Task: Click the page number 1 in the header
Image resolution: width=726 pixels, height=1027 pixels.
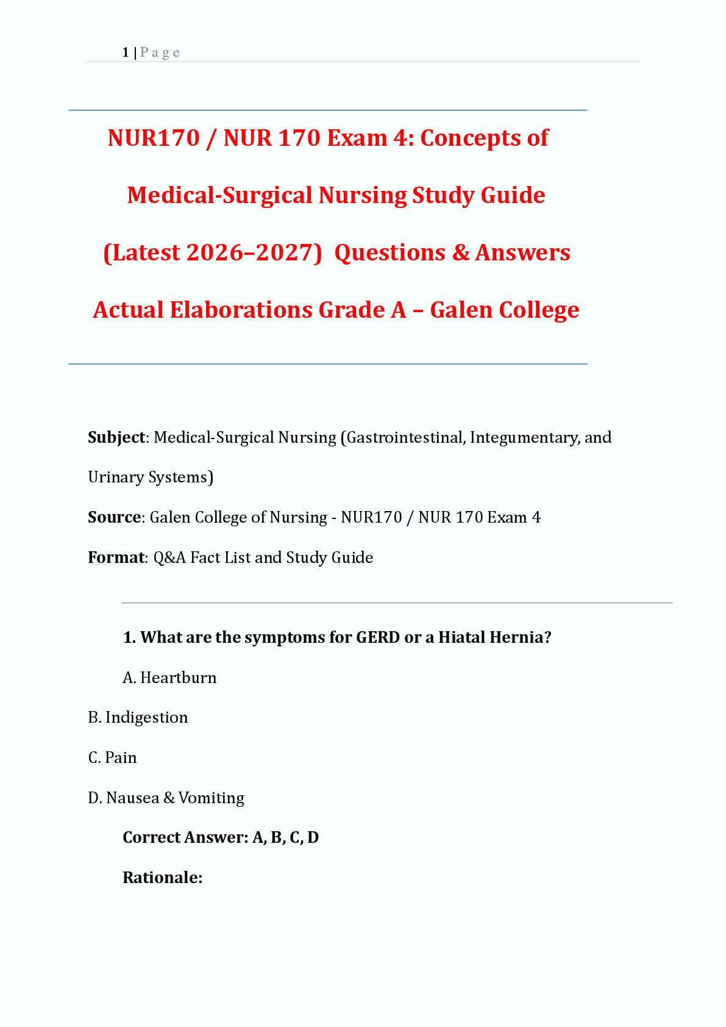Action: (x=125, y=52)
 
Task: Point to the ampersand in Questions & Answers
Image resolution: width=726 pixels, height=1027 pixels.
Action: (x=460, y=253)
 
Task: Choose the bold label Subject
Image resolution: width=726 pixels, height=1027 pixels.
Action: (x=116, y=438)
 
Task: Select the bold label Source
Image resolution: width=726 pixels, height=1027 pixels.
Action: (x=115, y=518)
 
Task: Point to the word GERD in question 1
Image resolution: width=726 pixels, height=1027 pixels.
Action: (x=378, y=638)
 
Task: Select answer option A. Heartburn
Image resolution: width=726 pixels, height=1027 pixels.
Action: (x=169, y=678)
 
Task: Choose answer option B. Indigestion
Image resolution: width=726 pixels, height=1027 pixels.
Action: (x=138, y=718)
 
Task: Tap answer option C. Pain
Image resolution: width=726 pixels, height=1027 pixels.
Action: (x=113, y=758)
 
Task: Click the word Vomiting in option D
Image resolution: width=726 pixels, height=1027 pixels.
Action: (x=212, y=798)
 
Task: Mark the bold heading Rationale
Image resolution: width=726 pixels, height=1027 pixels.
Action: (x=162, y=878)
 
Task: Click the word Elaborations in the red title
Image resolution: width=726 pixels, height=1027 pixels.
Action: (x=241, y=310)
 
